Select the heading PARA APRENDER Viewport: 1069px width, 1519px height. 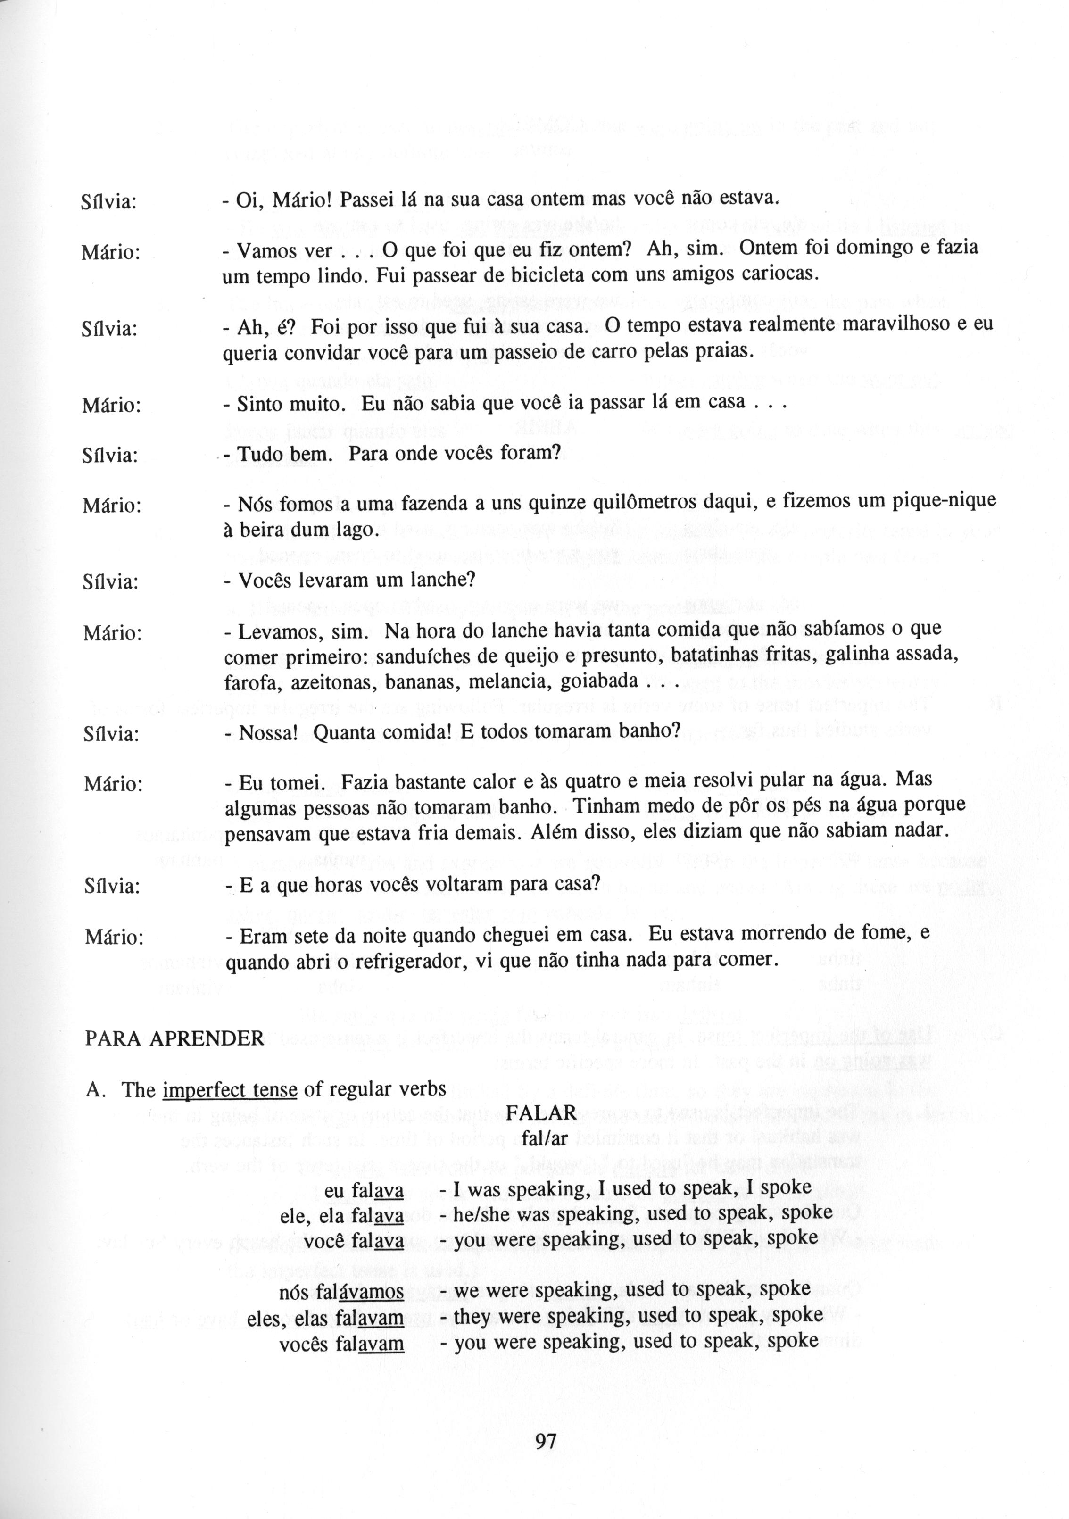(174, 1038)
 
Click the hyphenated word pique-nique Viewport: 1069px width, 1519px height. (940, 501)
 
